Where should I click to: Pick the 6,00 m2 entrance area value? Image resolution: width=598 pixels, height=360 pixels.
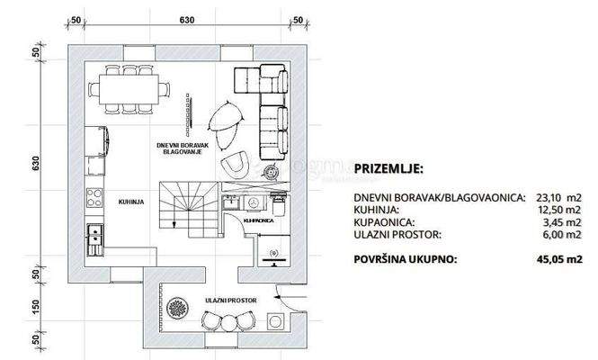tap(562, 233)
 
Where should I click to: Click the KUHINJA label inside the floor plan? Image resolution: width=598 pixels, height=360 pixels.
tap(130, 202)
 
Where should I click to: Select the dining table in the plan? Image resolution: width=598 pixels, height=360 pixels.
tap(131, 88)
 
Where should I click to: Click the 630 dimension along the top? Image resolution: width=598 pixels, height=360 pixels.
tap(187, 19)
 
